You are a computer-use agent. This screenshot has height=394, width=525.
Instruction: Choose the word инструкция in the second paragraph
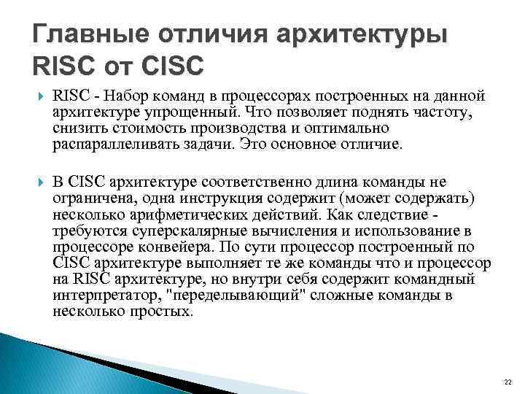coord(233,197)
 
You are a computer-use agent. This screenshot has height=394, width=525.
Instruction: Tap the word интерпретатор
coord(102,295)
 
